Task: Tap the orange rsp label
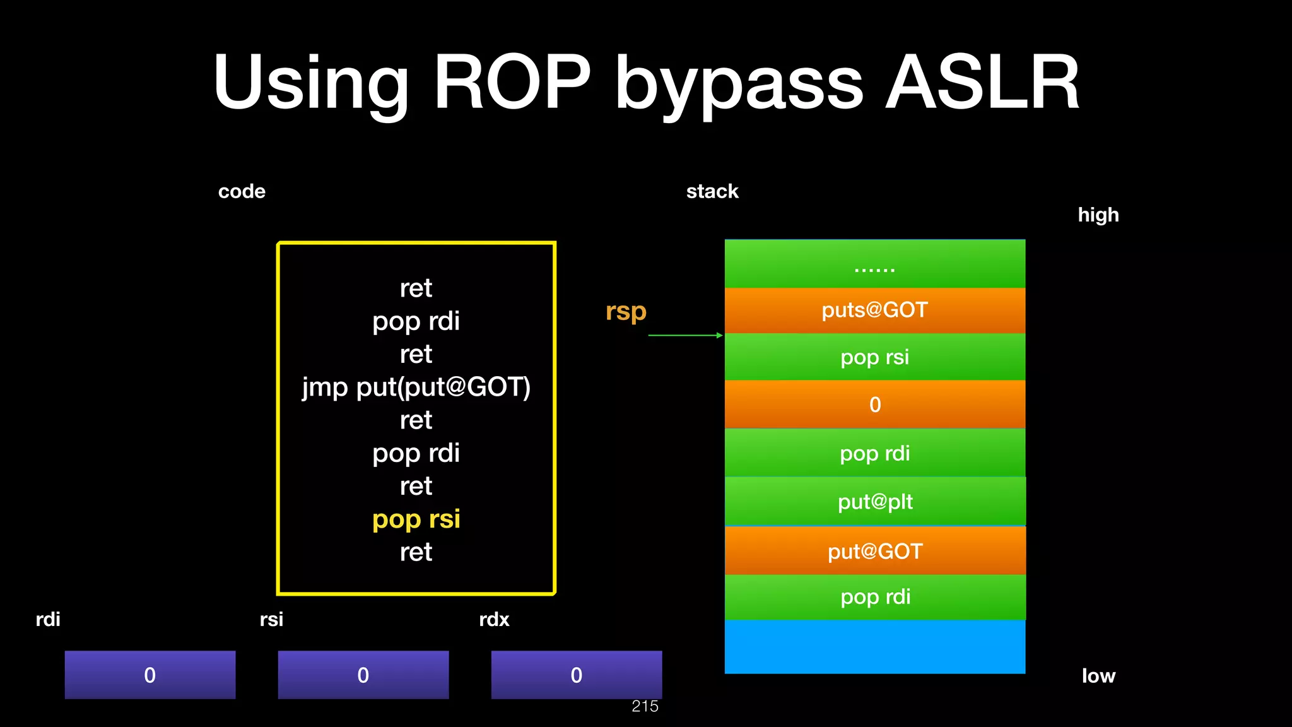click(626, 311)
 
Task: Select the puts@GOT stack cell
click(874, 310)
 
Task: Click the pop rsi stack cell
click(874, 357)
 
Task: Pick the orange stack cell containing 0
click(874, 405)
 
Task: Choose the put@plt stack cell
click(874, 502)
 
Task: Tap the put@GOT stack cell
click(874, 551)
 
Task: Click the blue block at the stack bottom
click(874, 646)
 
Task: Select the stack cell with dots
click(874, 264)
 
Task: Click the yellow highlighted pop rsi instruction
click(416, 519)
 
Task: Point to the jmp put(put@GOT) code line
click(416, 387)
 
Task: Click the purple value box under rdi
click(150, 675)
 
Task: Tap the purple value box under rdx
click(576, 675)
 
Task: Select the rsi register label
click(271, 619)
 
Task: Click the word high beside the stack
click(1098, 215)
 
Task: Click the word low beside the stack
click(1098, 676)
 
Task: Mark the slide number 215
click(645, 706)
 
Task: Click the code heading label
click(242, 191)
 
